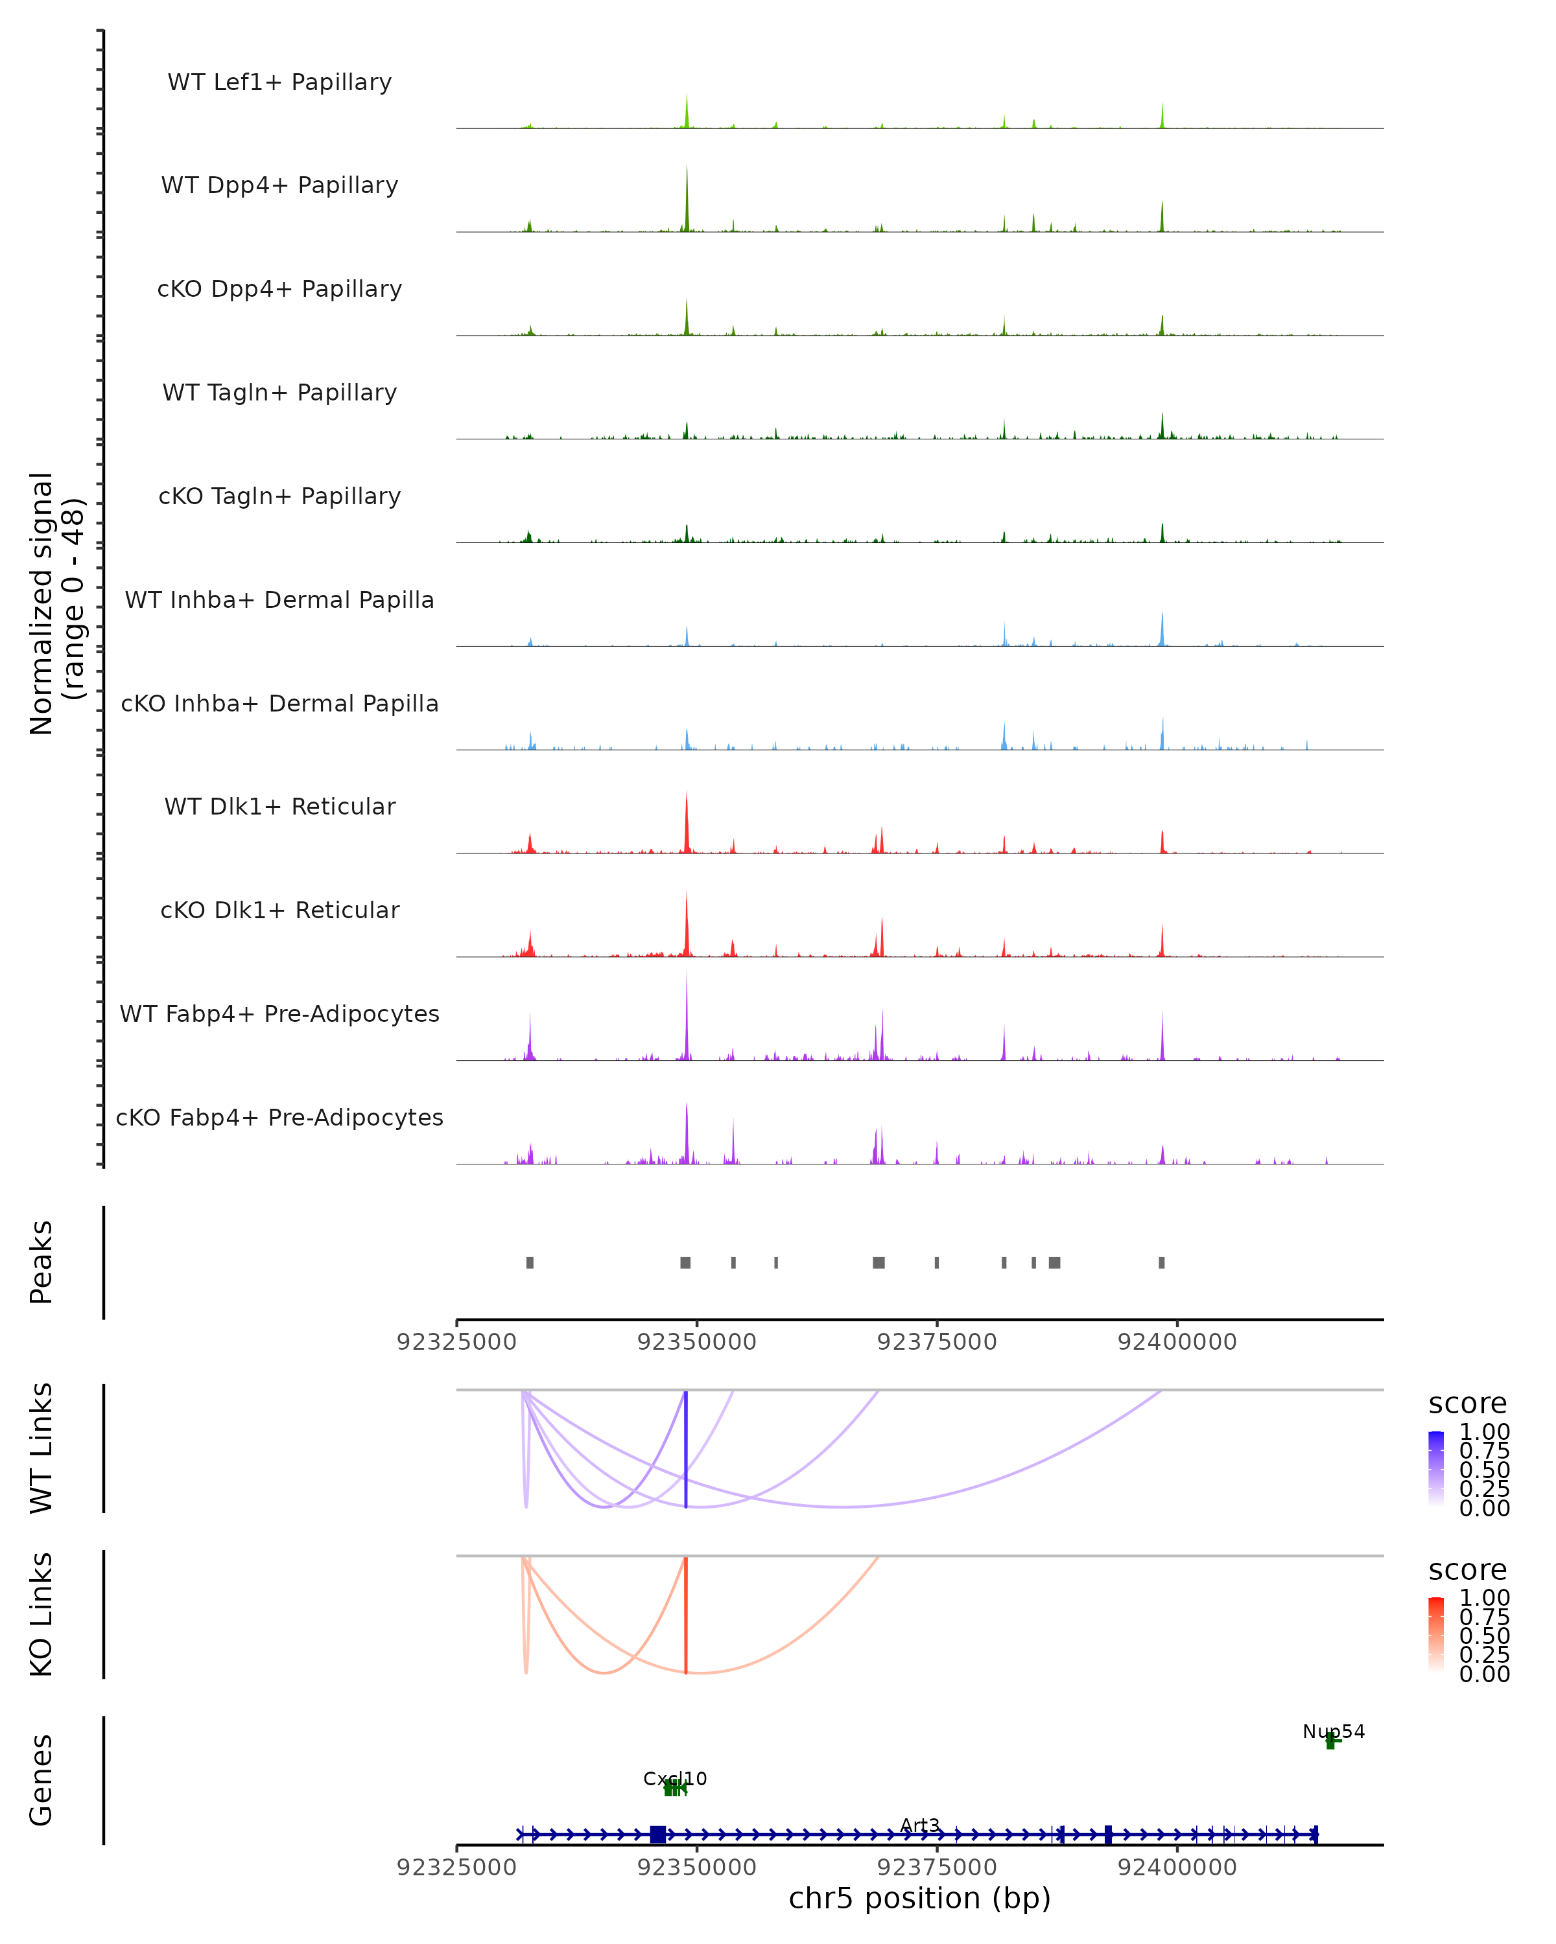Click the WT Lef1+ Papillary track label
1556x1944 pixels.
279,82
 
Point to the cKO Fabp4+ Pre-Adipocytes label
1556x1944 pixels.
279,1117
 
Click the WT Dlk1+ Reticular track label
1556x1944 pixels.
279,806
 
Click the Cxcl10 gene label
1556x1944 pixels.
675,1779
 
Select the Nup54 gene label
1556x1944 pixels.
1333,1731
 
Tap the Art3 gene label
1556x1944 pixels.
920,1825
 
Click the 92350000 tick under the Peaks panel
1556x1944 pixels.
696,1342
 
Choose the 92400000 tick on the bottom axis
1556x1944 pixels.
1177,1868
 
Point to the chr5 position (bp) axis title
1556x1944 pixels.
919,1898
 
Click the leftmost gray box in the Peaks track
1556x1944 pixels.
530,1262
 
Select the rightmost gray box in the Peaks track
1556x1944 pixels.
1162,1262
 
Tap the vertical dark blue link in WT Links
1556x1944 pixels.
685,1452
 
